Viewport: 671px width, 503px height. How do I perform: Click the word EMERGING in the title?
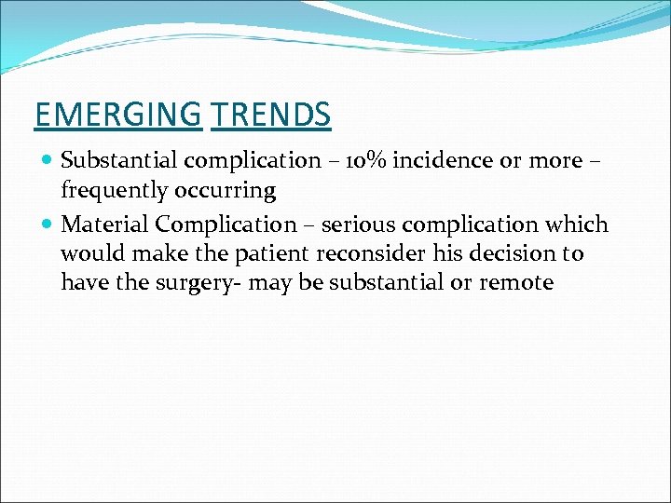[117, 115]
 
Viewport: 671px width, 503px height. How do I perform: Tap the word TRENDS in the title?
[270, 115]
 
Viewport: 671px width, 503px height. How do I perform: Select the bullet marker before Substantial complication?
[48, 161]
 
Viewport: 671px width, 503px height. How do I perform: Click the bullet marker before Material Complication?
[48, 225]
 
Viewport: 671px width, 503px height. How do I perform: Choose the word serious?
[354, 224]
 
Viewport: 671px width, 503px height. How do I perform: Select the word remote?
[516, 281]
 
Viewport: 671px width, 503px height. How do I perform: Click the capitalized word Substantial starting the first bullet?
[119, 160]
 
